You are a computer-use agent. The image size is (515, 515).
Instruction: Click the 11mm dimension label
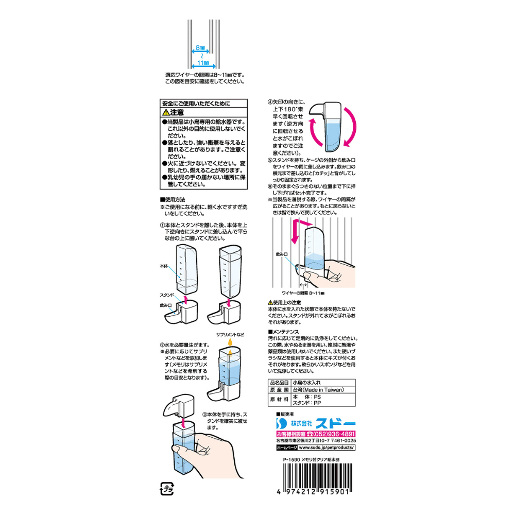pos(203,63)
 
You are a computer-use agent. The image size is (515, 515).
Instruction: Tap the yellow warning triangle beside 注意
pos(166,112)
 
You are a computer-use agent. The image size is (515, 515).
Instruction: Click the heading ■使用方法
pos(169,199)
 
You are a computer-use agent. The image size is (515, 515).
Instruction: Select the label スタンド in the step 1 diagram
pos(167,294)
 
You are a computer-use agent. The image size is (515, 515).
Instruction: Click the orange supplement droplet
pos(229,342)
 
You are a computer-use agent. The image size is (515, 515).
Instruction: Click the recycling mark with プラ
pos(167,488)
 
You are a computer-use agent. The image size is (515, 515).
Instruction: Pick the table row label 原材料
pos(279,400)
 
